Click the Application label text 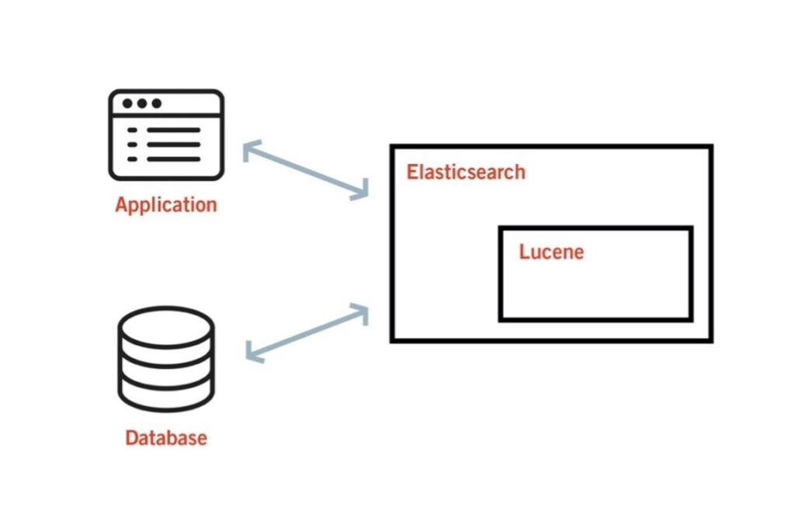pos(166,205)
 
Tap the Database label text pos(166,437)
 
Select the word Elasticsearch pos(466,172)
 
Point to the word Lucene pos(551,252)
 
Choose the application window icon pos(166,135)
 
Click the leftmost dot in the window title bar pos(127,103)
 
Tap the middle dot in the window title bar pos(141,103)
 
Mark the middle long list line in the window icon pos(173,144)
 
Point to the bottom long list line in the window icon pos(173,159)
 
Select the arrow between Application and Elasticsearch pos(305,172)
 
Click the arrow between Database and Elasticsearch pos(307,332)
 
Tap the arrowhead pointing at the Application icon pos(251,151)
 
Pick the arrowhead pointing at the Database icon pos(252,353)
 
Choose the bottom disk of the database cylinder pos(166,392)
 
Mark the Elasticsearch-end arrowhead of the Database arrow pos(361,311)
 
